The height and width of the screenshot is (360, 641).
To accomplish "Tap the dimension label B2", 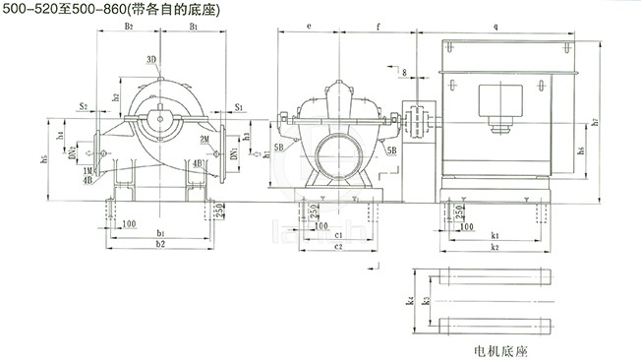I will [129, 28].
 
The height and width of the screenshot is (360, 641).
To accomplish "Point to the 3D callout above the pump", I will [151, 60].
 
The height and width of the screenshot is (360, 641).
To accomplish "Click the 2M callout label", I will [203, 140].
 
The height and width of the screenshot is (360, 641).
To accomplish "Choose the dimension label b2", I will [159, 242].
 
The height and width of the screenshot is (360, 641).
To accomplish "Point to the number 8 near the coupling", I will [403, 73].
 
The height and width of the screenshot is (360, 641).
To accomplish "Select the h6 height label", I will [582, 150].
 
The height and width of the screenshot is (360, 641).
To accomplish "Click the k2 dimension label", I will [496, 250].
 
